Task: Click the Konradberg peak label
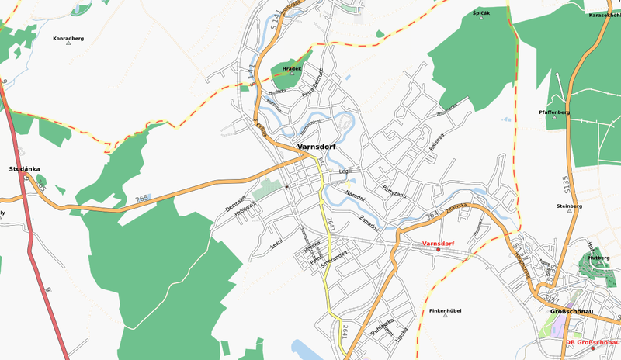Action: pyautogui.click(x=68, y=37)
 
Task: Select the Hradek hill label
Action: pyautogui.click(x=291, y=68)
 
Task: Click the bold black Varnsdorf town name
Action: pyautogui.click(x=316, y=147)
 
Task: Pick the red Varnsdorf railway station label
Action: pyautogui.click(x=438, y=244)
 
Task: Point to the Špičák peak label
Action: pyautogui.click(x=481, y=13)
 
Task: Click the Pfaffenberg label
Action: pyautogui.click(x=554, y=112)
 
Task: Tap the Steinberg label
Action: pyautogui.click(x=569, y=206)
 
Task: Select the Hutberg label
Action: pyautogui.click(x=598, y=257)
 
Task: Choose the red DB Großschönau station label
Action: pyautogui.click(x=592, y=342)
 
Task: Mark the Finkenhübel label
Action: pyautogui.click(x=445, y=310)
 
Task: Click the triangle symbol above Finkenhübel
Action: pyautogui.click(x=445, y=317)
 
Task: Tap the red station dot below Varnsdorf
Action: pyautogui.click(x=438, y=250)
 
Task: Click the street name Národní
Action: pyautogui.click(x=355, y=192)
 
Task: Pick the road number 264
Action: pyautogui.click(x=433, y=214)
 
